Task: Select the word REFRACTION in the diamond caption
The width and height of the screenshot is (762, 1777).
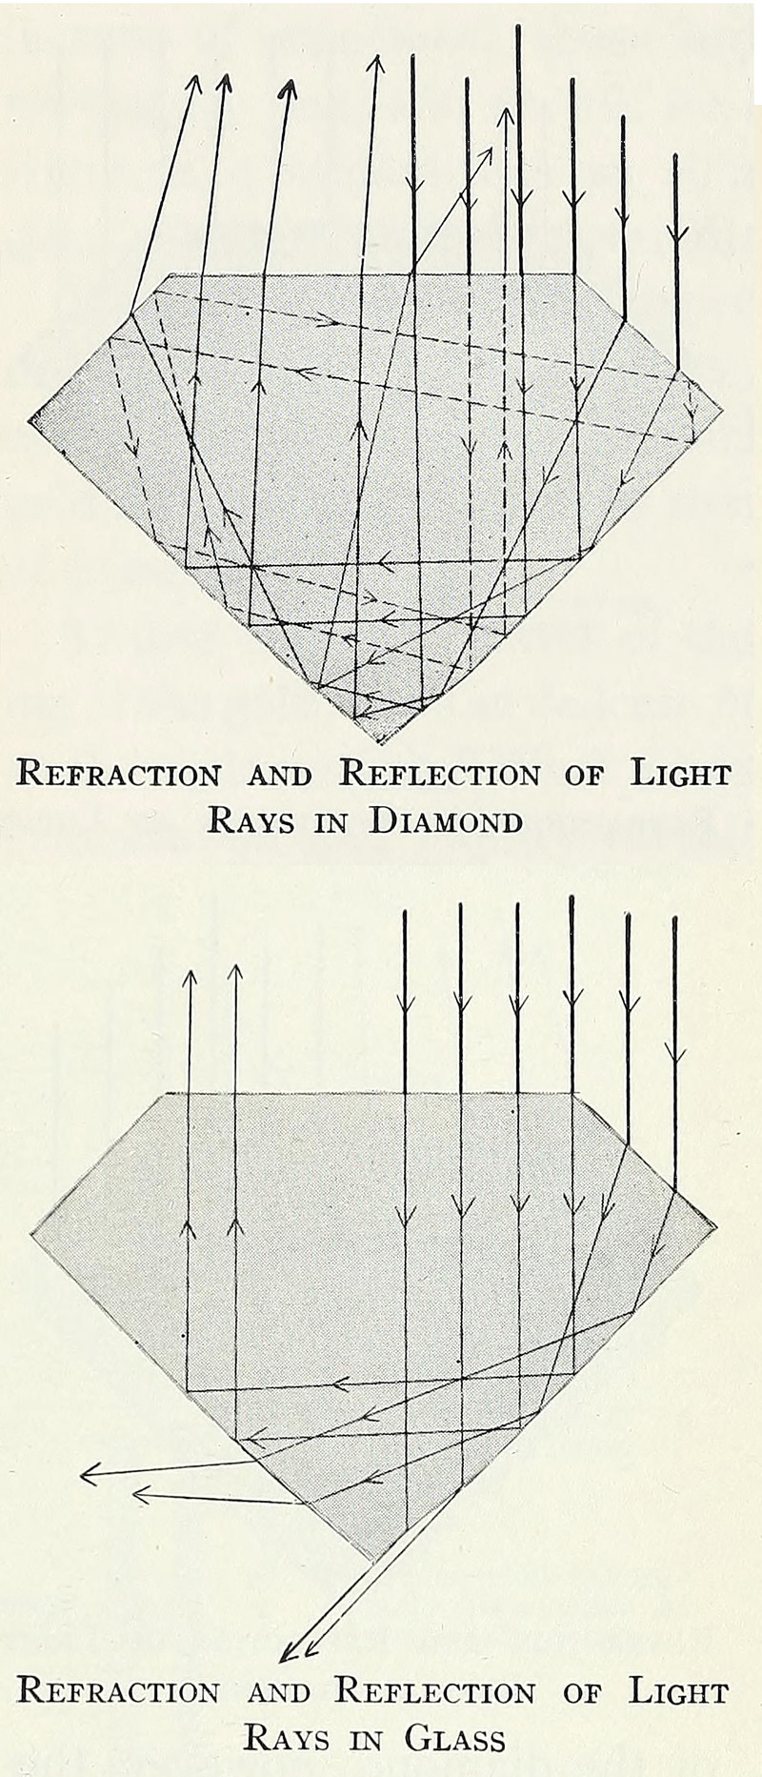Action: click(x=119, y=773)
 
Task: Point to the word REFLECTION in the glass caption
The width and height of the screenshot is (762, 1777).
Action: click(x=436, y=1692)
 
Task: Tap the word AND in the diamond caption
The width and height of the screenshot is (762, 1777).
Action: click(x=279, y=775)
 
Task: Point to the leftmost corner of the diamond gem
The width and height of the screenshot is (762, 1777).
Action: click(x=30, y=415)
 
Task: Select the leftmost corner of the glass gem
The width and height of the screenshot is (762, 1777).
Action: click(x=31, y=1234)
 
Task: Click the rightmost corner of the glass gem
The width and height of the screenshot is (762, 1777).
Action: click(x=713, y=1227)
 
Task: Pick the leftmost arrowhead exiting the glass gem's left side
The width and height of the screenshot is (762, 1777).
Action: click(x=88, y=1476)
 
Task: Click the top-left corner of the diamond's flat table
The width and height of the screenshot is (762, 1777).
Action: click(x=170, y=275)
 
